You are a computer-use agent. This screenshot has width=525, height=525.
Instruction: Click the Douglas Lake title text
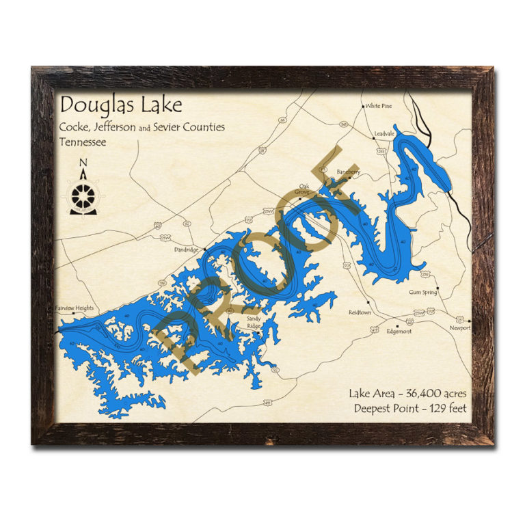tap(121, 105)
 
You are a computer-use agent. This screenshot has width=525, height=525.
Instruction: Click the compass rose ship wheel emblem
tap(83, 196)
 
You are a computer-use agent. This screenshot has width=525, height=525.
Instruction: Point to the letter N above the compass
tap(83, 163)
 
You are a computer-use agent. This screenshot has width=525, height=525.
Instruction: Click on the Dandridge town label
tap(185, 250)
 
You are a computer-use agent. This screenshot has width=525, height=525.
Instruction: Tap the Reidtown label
tap(360, 312)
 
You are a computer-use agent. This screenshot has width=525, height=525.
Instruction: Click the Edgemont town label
tap(399, 332)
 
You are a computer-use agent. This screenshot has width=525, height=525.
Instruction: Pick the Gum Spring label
tap(422, 292)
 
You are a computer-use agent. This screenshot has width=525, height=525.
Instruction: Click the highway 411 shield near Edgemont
tap(374, 330)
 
